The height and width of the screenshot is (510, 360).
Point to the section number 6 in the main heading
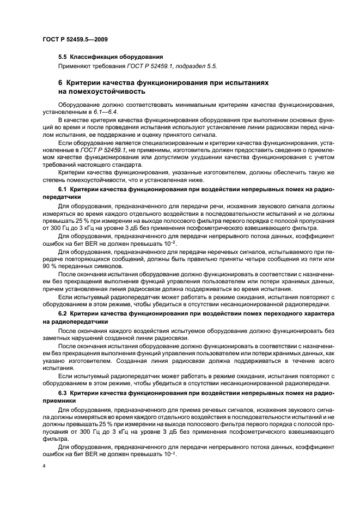[x=60, y=82]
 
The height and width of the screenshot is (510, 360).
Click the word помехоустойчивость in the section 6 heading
[x=105, y=92]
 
